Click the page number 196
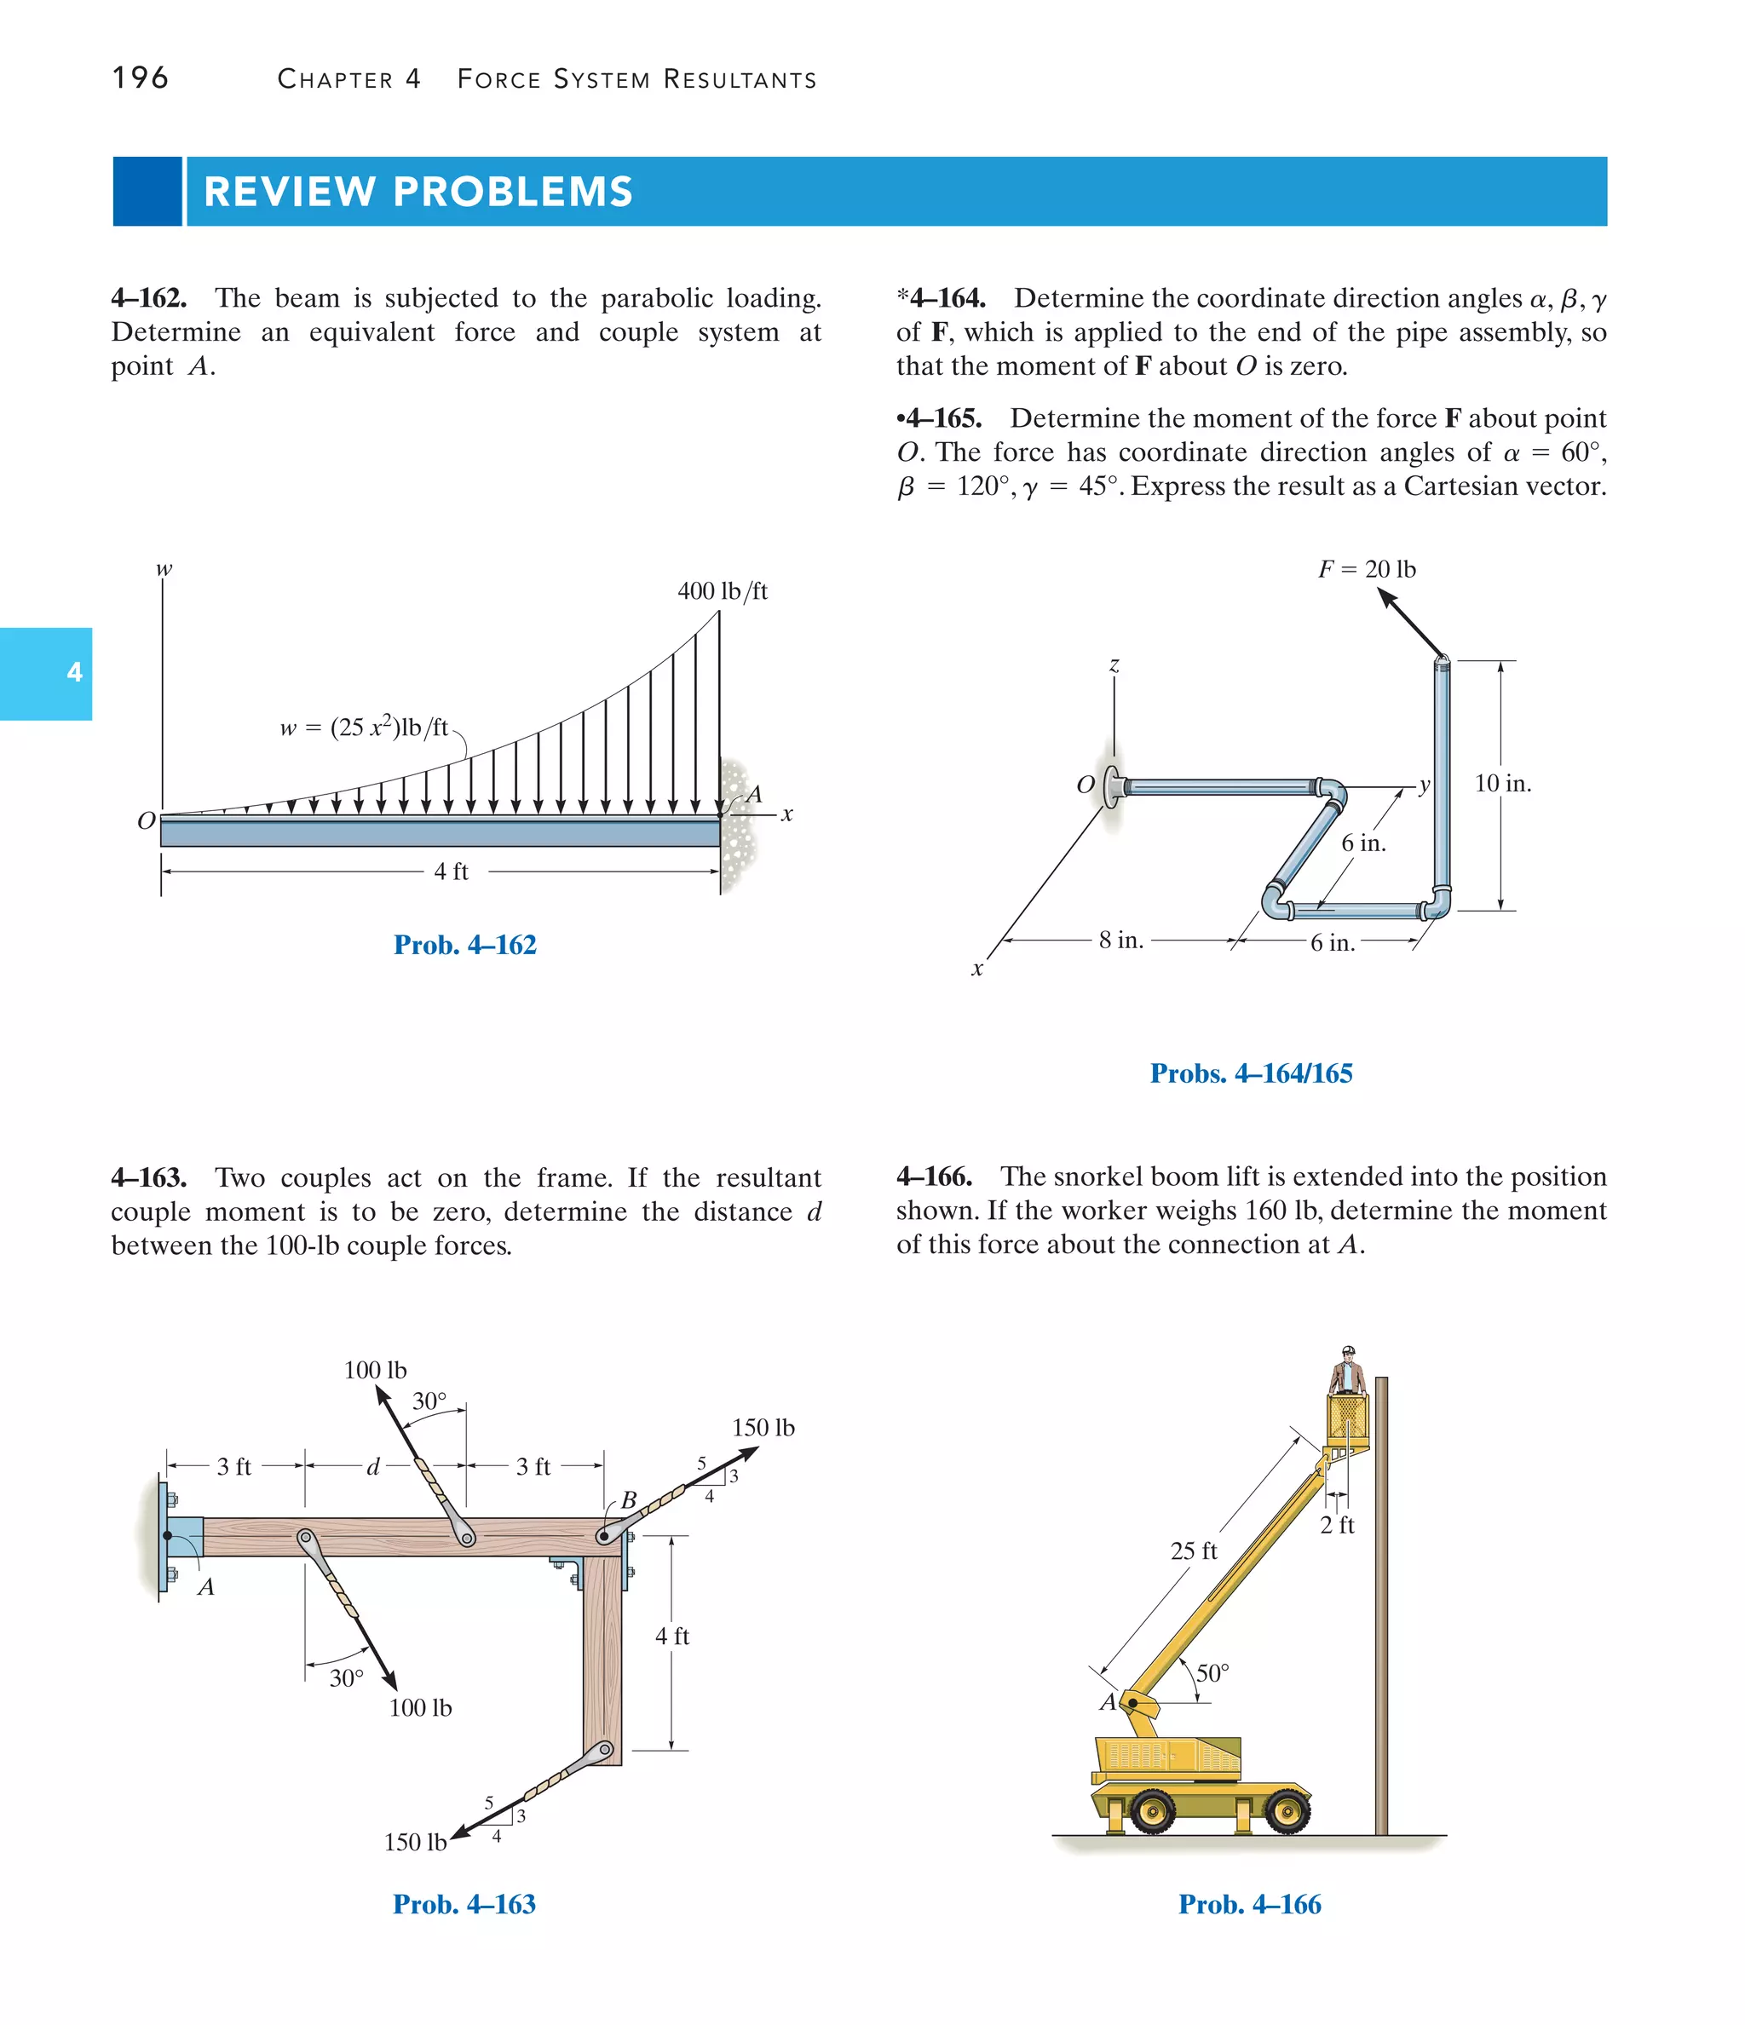pyautogui.click(x=140, y=78)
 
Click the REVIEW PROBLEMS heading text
pyautogui.click(x=418, y=192)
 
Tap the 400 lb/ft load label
pyautogui.click(x=723, y=591)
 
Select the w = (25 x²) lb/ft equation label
pyautogui.click(x=364, y=728)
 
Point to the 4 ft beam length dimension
pyautogui.click(x=451, y=871)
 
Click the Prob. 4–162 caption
pyautogui.click(x=464, y=945)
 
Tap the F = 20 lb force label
pyautogui.click(x=1367, y=569)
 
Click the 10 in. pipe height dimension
pyautogui.click(x=1502, y=784)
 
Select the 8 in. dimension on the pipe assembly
pyautogui.click(x=1120, y=941)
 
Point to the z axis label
pyautogui.click(x=1114, y=665)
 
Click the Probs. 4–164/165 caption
pyautogui.click(x=1250, y=1073)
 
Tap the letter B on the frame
pyautogui.click(x=629, y=1499)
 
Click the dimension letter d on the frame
pyautogui.click(x=372, y=1466)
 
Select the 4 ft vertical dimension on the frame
pyautogui.click(x=671, y=1636)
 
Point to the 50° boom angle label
pyautogui.click(x=1212, y=1673)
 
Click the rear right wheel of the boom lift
pyautogui.click(x=1287, y=1813)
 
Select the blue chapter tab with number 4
pyautogui.click(x=46, y=673)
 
